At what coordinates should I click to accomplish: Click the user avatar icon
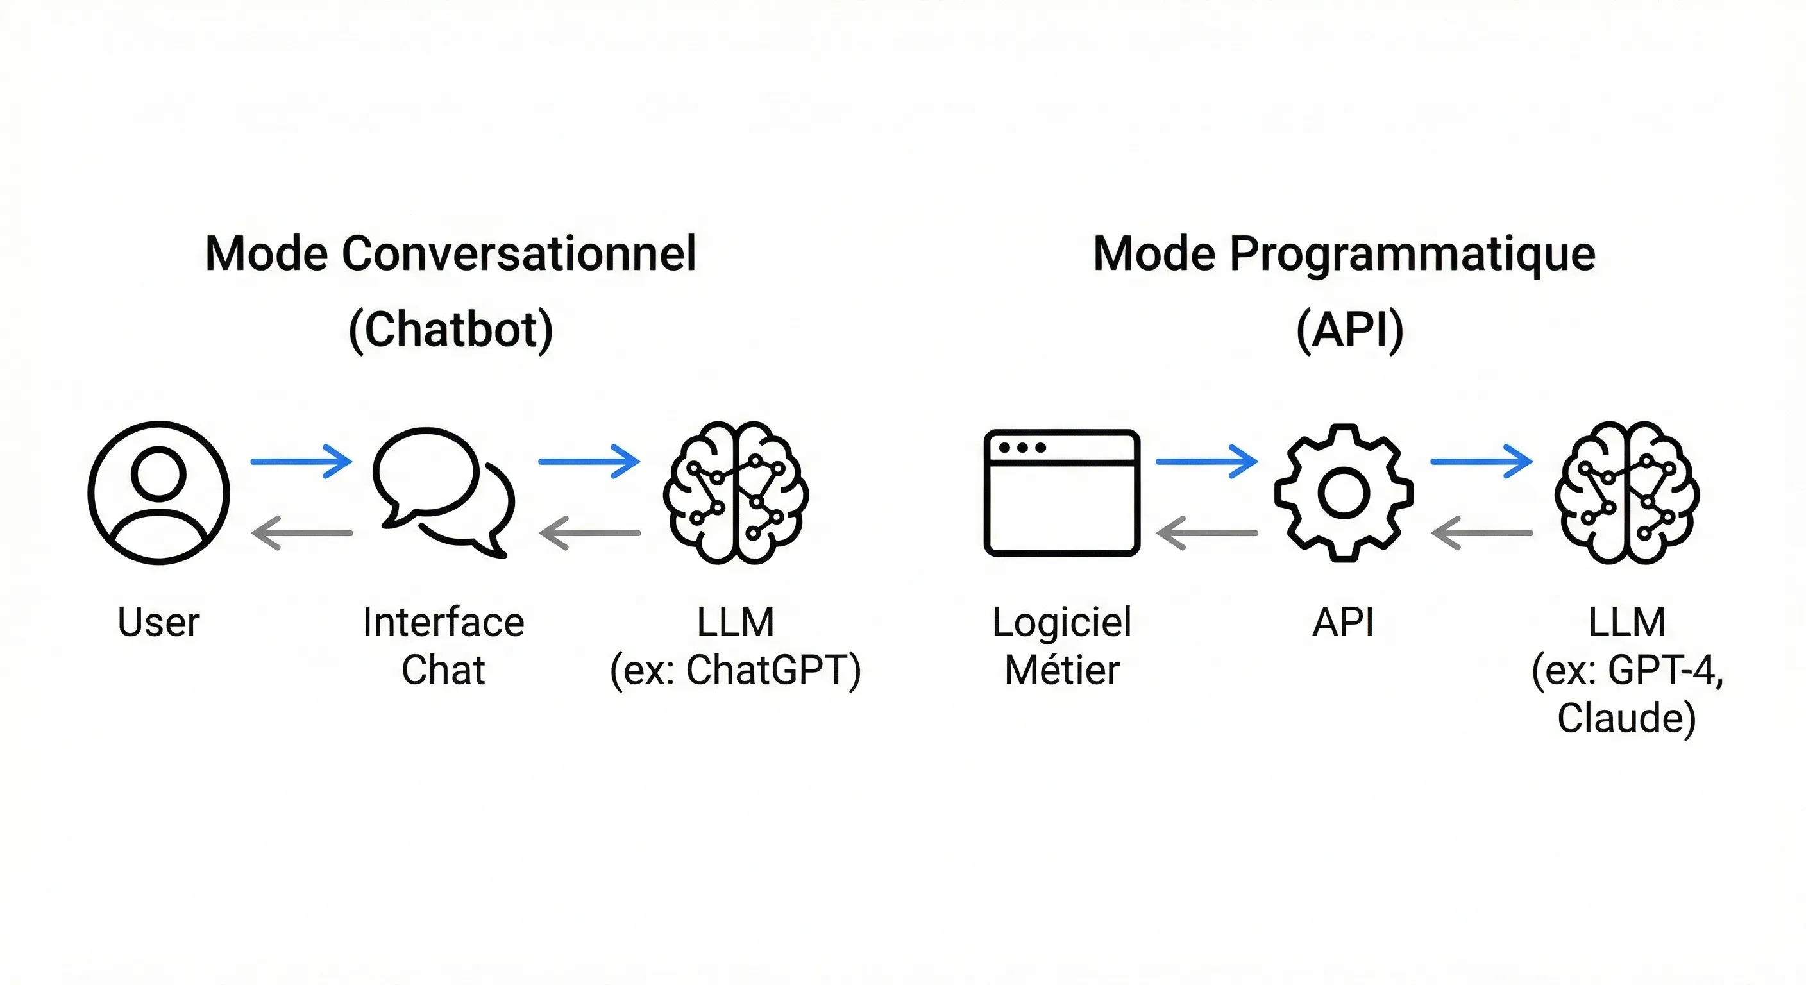pos(159,493)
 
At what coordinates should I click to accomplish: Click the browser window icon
pos(1061,493)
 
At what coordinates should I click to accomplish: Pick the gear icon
pos(1344,493)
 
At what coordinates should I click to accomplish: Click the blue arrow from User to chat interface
pos(301,461)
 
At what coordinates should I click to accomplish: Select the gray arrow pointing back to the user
pos(301,533)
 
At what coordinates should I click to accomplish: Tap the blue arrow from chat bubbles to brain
pos(589,461)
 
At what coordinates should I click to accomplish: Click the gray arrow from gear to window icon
pos(1206,533)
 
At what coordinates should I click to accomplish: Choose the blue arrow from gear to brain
pos(1481,461)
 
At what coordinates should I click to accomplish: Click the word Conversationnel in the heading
pos(519,254)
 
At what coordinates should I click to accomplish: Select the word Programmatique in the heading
pos(1412,254)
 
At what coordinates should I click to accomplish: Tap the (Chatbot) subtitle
pos(451,330)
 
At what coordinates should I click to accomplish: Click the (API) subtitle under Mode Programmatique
pos(1349,330)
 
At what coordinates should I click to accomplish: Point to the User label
pos(158,623)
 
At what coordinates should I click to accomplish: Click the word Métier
pos(1061,670)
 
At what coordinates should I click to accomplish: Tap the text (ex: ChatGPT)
pos(736,670)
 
